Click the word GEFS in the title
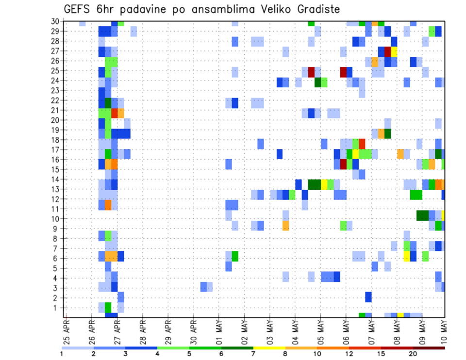[78, 9]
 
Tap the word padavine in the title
[141, 9]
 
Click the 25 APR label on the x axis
[67, 330]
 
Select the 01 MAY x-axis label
[219, 330]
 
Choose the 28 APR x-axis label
[143, 330]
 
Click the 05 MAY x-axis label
[320, 330]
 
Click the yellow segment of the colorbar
[269, 348]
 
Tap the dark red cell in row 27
[387, 51]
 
